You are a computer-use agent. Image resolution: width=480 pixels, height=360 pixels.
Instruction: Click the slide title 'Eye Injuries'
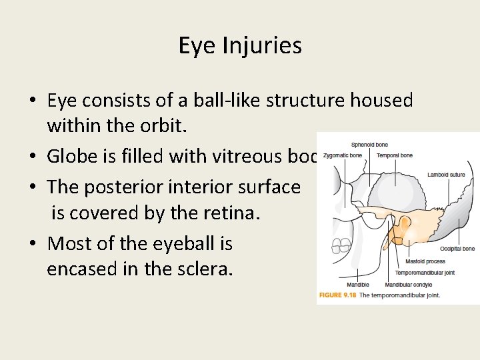pos(240,45)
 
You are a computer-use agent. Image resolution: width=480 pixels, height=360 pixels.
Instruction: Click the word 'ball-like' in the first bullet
pos(223,100)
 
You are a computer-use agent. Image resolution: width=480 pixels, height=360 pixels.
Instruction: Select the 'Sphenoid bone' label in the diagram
pos(369,145)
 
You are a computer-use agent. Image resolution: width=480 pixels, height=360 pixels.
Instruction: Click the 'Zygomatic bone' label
pos(342,155)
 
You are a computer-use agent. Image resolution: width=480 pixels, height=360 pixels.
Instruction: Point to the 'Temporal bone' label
pos(395,155)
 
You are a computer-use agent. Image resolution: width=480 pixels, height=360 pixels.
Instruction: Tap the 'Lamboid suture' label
pos(446,175)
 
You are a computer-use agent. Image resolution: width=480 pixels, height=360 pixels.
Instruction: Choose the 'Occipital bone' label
pos(458,249)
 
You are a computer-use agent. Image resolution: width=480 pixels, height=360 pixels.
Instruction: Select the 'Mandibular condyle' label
pos(408,285)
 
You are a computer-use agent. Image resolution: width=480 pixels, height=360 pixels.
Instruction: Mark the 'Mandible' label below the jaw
pos(357,285)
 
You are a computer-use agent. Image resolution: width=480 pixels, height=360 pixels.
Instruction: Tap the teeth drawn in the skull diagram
pos(342,247)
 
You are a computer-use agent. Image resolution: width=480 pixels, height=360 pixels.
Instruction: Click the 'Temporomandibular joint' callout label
pos(425,273)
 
